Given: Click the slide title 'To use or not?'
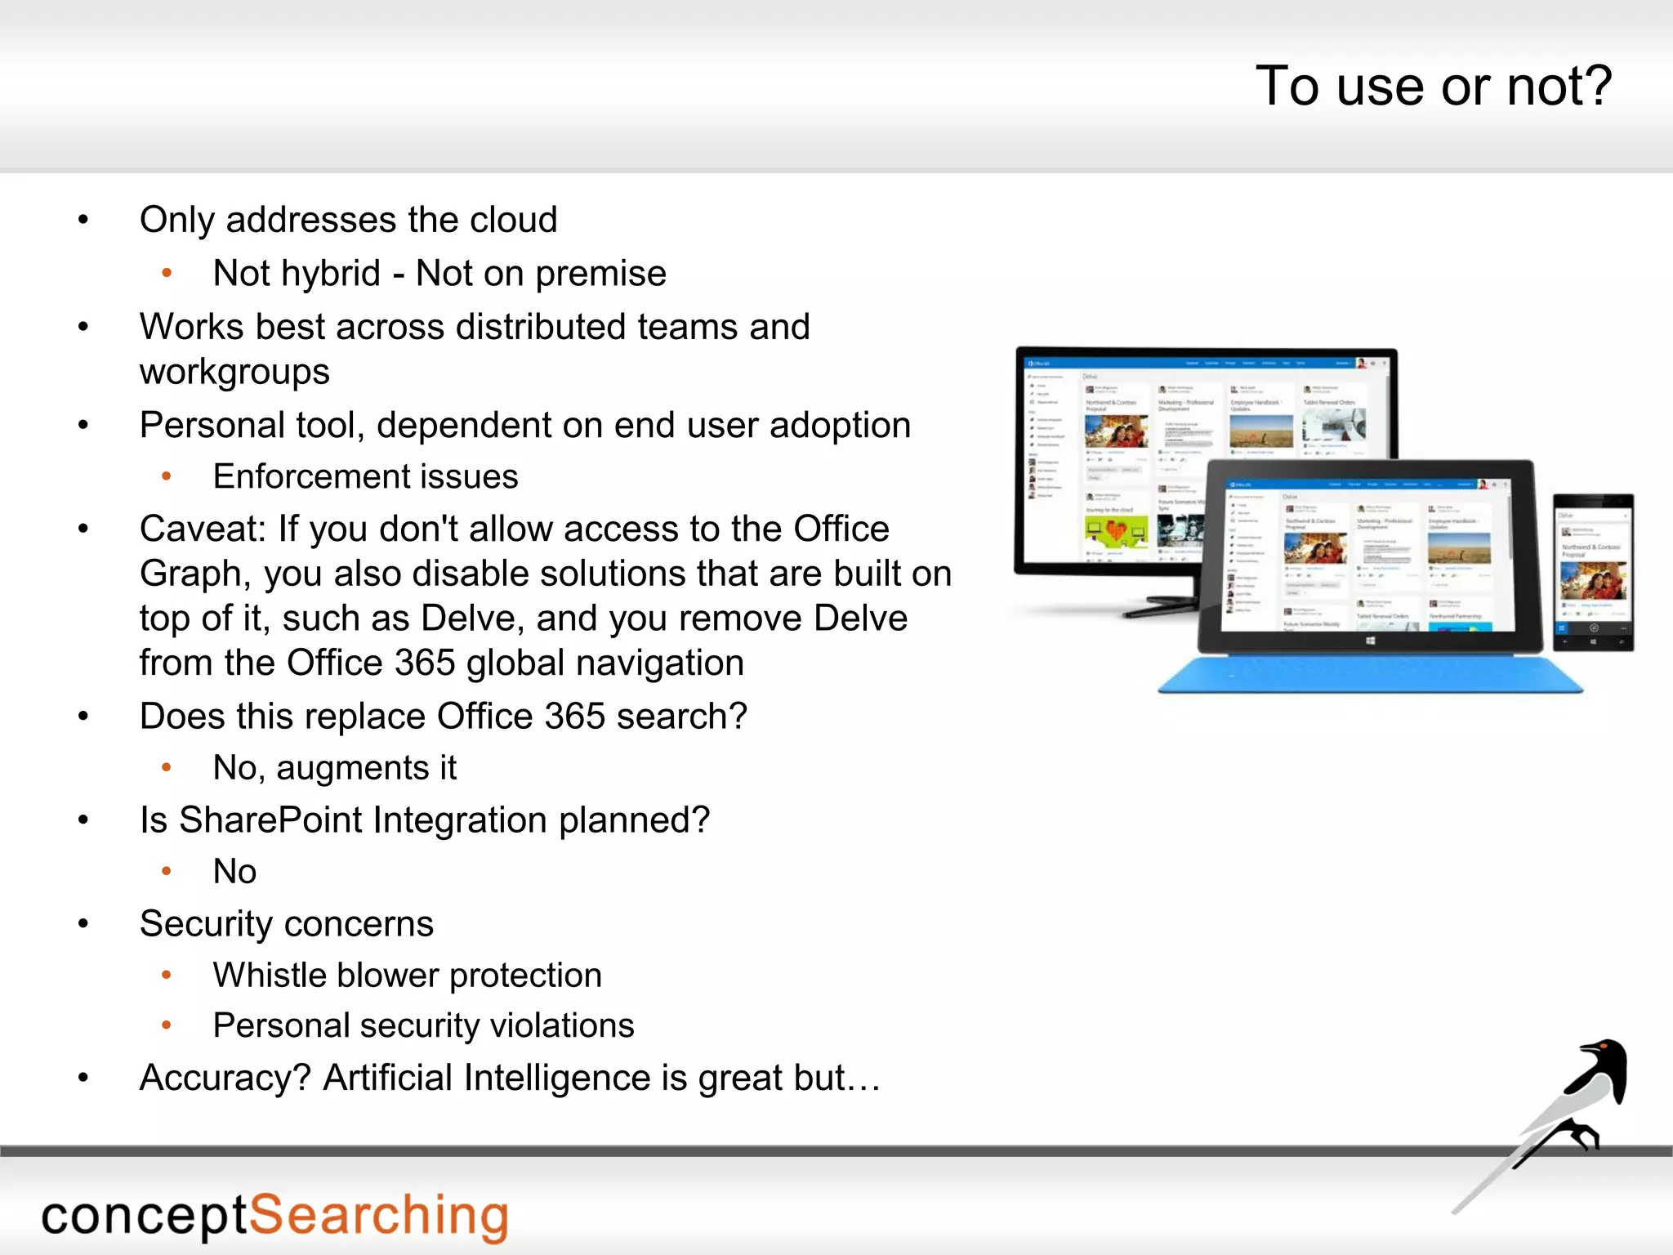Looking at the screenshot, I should [1433, 87].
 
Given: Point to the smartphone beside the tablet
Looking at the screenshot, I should [1592, 572].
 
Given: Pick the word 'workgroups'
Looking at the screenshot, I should [234, 373].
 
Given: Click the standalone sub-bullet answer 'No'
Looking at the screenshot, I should [234, 872].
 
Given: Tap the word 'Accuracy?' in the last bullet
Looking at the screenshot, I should [225, 1079].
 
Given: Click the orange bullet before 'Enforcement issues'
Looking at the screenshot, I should [167, 476].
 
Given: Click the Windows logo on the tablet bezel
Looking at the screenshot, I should [1370, 641].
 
